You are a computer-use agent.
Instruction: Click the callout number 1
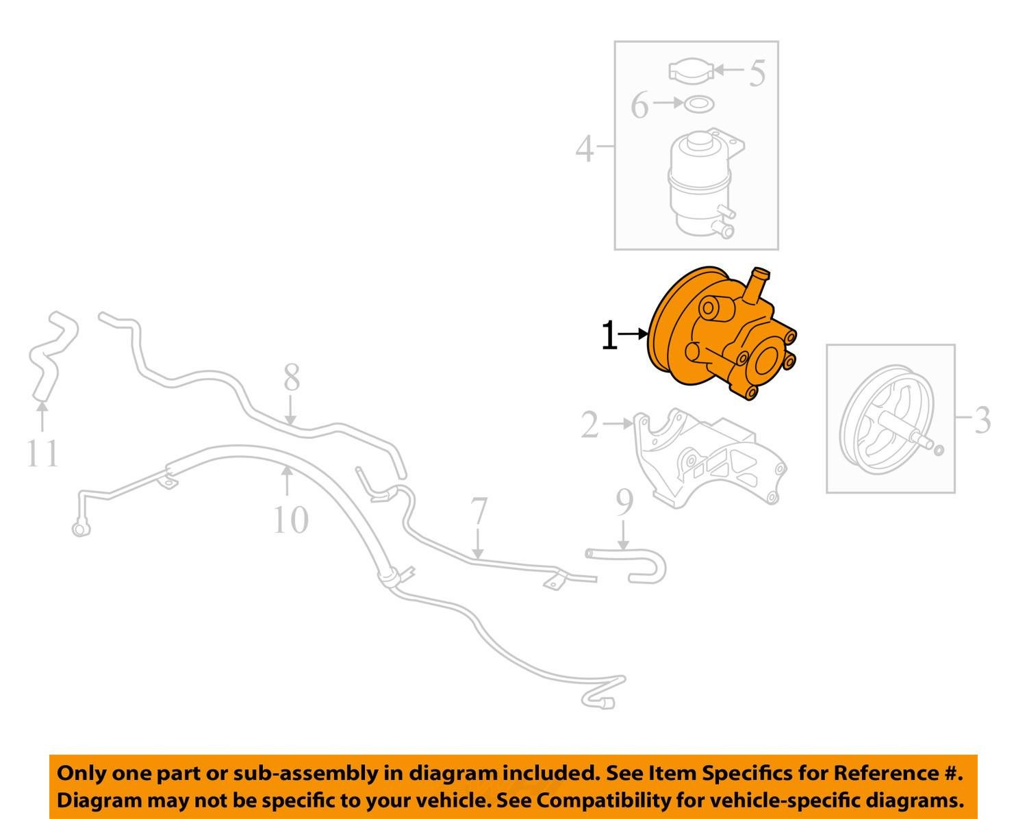(609, 336)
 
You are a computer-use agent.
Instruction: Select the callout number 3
(982, 420)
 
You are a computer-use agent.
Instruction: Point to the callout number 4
(583, 149)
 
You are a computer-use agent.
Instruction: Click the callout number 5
(756, 73)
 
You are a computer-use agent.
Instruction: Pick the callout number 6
(639, 106)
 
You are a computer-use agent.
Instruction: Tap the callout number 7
(479, 512)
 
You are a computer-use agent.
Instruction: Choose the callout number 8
(292, 377)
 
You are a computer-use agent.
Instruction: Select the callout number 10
(291, 520)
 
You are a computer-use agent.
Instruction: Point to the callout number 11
(43, 453)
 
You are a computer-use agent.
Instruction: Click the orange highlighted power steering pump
(719, 336)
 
